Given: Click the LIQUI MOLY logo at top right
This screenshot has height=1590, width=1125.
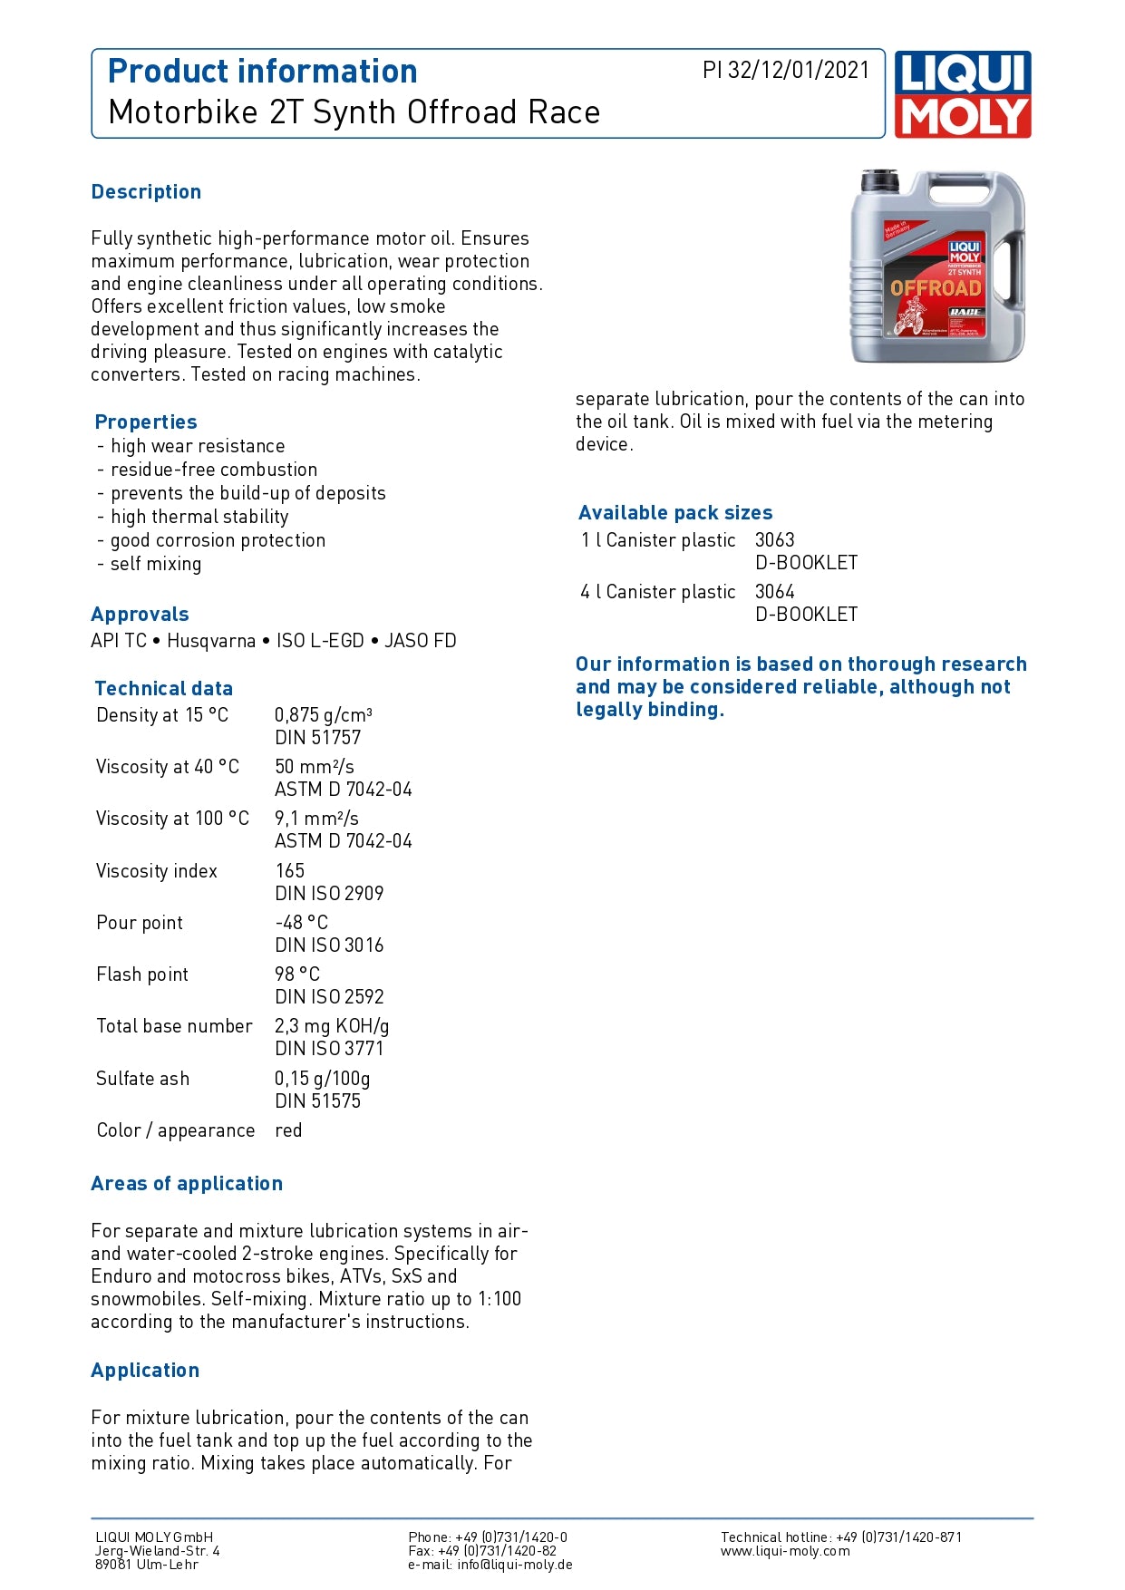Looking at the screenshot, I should pos(963,94).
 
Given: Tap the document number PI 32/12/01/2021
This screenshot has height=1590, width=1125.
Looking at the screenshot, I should pos(785,71).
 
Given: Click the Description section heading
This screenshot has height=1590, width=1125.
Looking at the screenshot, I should pos(146,192).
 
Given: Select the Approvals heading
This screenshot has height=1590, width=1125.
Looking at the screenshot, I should pos(140,615).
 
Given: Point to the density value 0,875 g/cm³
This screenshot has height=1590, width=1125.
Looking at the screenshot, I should pos(323,715).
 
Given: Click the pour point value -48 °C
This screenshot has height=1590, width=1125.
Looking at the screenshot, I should pos(301,923).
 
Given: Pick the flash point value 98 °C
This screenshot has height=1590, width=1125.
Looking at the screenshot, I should pos(297,974).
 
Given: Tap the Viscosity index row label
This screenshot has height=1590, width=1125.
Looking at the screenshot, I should pos(157,871).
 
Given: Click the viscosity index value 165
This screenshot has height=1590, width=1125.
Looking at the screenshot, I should pos(290,871).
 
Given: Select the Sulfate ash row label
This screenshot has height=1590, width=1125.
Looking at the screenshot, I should pos(143,1079).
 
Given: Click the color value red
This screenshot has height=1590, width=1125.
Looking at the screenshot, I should pos(288,1130).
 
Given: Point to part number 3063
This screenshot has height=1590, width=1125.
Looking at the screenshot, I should pos(774,540).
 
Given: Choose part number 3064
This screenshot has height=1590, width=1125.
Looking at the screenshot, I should pos(774,592).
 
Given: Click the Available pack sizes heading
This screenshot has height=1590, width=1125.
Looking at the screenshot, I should pos(675,513).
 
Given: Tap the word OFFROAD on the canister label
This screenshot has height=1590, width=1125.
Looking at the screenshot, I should pos(936,288).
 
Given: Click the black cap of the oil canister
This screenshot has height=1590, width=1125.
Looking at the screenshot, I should pos(879,179).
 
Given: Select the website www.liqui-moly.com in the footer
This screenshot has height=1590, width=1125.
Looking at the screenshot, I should pos(785,1551).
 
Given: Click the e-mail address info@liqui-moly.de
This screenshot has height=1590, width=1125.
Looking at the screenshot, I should pos(515,1565).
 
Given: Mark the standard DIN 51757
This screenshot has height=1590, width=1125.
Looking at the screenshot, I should pos(317,738).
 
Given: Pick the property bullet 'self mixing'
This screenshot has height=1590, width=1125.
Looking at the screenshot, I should pos(156,564).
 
